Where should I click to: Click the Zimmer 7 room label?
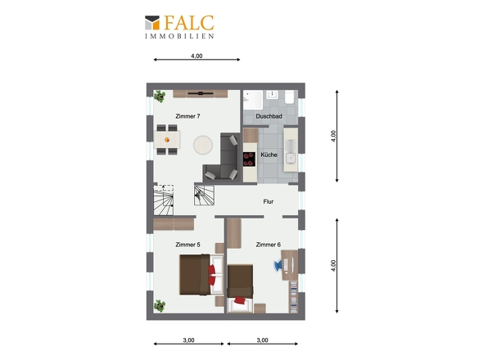(187, 116)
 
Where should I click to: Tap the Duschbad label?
(269, 116)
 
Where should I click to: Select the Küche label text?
(269, 155)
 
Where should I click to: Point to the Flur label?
(269, 201)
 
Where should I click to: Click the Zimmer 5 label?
(187, 245)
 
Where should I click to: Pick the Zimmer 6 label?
(269, 245)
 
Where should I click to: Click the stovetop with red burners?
(249, 160)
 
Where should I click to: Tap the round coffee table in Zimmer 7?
(203, 145)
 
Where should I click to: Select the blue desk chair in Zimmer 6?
(278, 265)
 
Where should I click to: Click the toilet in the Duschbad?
(289, 97)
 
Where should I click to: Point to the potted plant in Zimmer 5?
(160, 306)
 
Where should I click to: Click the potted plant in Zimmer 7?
(160, 96)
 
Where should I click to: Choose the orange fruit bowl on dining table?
(167, 140)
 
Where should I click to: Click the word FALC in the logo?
(189, 23)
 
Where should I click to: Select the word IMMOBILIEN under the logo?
(179, 36)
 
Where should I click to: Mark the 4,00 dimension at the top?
(196, 56)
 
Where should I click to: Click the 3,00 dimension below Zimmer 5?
(188, 340)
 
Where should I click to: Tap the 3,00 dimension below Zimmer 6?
(263, 340)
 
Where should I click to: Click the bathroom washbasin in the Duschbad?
(273, 94)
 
